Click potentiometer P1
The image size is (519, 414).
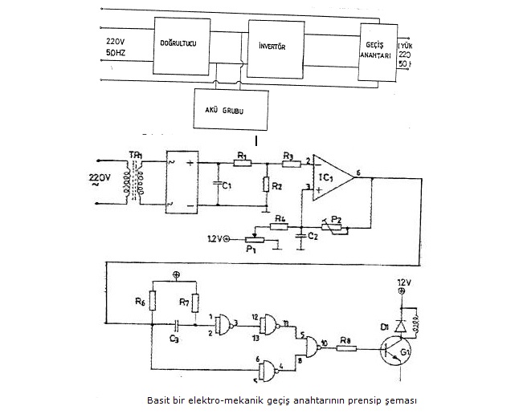[x=257, y=237]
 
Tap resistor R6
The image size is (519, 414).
[x=152, y=301]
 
